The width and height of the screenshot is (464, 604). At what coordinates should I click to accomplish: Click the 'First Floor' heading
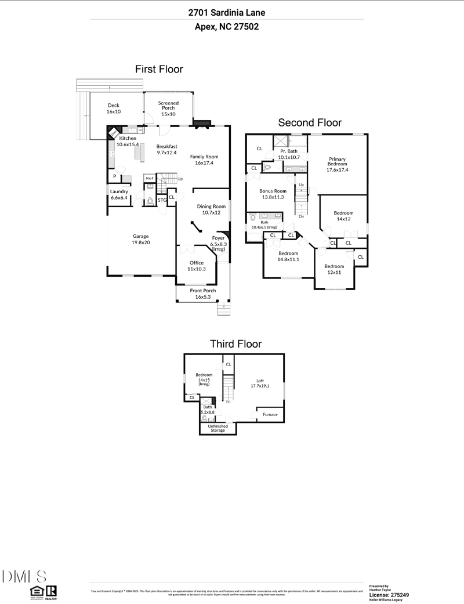[159, 69]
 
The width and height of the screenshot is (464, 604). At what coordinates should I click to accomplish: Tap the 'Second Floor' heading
[310, 122]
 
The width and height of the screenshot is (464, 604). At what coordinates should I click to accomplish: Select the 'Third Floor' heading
[235, 344]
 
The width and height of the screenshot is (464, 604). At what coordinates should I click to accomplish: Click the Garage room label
[141, 239]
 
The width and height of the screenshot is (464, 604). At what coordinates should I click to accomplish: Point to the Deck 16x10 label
[114, 108]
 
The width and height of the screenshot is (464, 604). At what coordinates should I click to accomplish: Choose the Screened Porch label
[168, 108]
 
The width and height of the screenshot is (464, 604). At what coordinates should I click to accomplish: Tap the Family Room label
[204, 160]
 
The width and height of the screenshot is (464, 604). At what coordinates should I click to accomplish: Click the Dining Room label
[211, 209]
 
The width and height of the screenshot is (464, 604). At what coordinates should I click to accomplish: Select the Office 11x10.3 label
[195, 266]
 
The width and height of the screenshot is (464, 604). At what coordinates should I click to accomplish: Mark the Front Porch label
[203, 293]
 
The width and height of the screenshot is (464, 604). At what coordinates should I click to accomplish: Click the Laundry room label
[119, 195]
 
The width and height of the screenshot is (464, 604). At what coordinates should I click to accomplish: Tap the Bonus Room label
[273, 194]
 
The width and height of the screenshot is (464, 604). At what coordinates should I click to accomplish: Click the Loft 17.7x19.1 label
[260, 384]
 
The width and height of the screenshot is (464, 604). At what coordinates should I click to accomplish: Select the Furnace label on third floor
[270, 414]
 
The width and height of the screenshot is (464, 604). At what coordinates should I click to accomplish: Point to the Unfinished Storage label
[219, 428]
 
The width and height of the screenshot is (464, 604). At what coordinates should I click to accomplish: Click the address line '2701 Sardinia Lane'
[227, 12]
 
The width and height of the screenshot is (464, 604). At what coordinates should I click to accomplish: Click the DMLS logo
[24, 576]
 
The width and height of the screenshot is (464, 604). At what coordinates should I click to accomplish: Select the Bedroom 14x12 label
[343, 216]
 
